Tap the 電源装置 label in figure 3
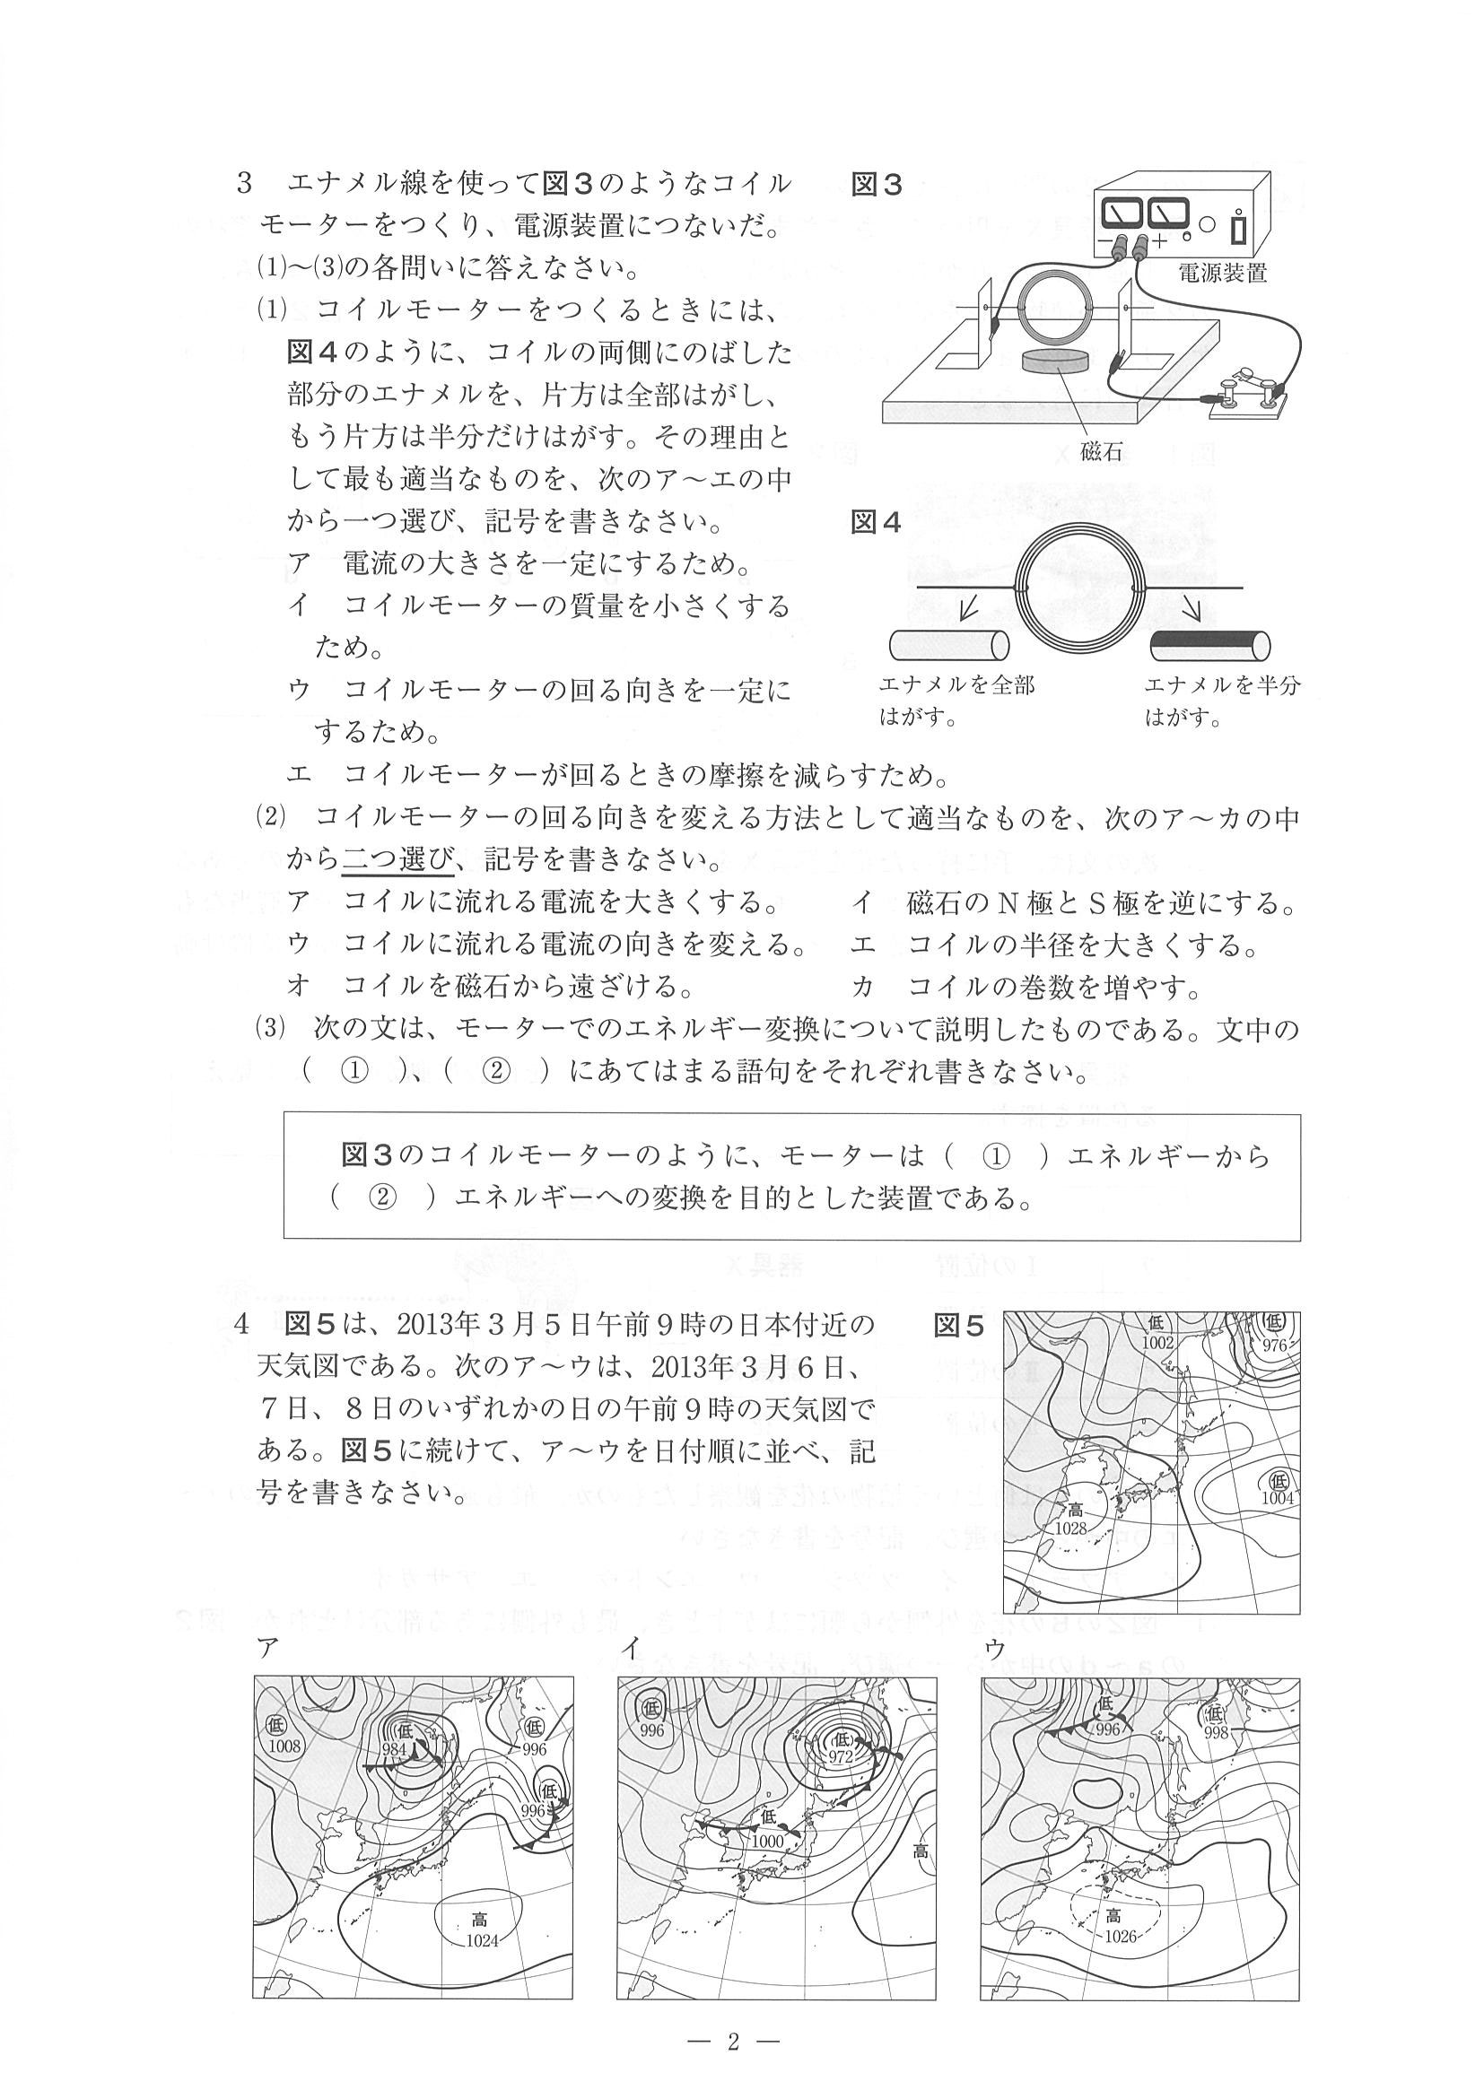pos(1222,273)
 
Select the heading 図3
pos(877,185)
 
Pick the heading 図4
pos(877,522)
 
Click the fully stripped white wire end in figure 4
pos(948,646)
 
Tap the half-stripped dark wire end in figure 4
pos(1209,646)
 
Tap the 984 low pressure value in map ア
pos(394,1748)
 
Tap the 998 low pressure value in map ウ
pos(1215,1732)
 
